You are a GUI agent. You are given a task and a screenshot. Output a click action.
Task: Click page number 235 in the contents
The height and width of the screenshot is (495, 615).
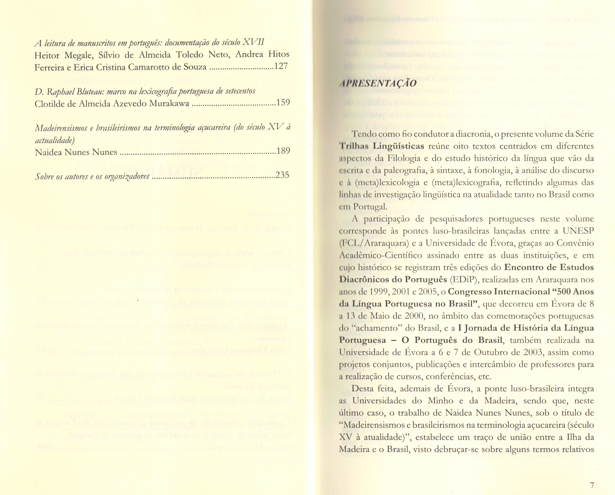[x=283, y=175]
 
